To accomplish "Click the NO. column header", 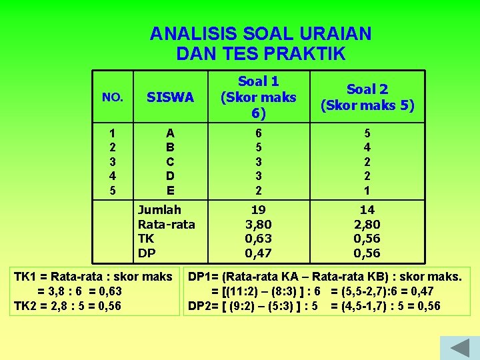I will coord(112,97).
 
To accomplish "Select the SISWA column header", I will coord(171,97).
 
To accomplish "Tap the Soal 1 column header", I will coord(258,97).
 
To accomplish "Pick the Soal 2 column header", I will coord(367,97).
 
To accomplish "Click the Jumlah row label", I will coord(159,210).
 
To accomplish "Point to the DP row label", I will coord(147,253).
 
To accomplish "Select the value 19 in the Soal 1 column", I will coord(258,210).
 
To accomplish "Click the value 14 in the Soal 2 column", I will coord(367,210).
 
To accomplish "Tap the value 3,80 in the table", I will coord(258,224).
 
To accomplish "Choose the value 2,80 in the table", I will coord(367,224).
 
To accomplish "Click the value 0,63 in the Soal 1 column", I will coord(258,239).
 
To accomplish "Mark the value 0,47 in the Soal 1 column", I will coord(258,253).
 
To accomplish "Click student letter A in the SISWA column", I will coord(171,133).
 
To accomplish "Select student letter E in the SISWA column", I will coord(171,190).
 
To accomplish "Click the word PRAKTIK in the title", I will coord(309,53).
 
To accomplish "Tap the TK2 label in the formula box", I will coord(26,305).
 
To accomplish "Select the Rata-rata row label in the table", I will coord(167,224).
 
